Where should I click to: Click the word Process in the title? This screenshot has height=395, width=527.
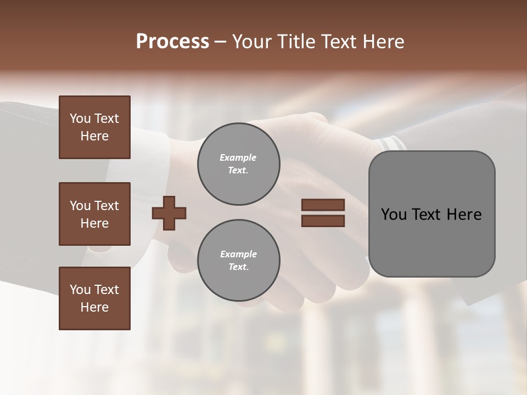tap(172, 42)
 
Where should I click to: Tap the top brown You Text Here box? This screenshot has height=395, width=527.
tap(94, 127)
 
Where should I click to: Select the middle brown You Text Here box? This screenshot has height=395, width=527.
tap(94, 214)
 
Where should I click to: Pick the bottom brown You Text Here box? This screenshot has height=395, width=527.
tap(94, 298)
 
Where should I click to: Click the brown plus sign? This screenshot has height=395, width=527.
tap(169, 213)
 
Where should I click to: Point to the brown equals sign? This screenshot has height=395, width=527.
tap(323, 213)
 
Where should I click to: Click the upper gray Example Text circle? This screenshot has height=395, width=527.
tap(238, 164)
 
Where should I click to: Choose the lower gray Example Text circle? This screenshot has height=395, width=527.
tap(238, 261)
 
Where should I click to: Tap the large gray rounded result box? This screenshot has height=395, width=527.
tap(431, 214)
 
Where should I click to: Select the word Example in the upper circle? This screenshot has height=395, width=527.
tap(238, 158)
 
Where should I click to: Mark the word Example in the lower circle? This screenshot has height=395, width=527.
tap(238, 255)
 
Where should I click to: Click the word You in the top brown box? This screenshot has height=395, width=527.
tap(80, 119)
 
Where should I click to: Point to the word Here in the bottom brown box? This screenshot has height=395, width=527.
tap(94, 307)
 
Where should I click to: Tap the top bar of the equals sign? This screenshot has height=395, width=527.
tap(323, 205)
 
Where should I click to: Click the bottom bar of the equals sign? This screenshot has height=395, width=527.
tap(323, 221)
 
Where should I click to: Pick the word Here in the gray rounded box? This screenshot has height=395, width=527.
tap(464, 215)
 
